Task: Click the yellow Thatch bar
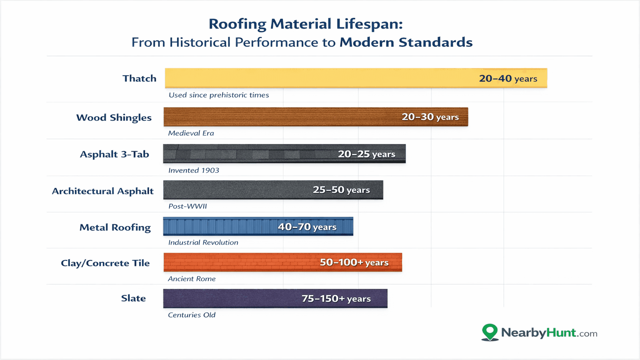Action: point(320,78)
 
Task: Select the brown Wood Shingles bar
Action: point(280,117)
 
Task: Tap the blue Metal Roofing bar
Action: point(220,226)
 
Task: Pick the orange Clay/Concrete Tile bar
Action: point(240,262)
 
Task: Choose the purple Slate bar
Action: point(232,298)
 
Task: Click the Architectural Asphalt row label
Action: point(103,191)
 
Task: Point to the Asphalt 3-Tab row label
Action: point(114,154)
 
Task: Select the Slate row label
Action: point(133,298)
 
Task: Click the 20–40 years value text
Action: point(508,78)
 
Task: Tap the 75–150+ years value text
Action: point(336,299)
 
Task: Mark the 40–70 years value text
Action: point(307,227)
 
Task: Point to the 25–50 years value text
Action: point(341,190)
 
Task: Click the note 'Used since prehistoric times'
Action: point(219,95)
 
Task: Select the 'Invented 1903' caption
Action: point(194,170)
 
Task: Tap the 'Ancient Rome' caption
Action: point(192,279)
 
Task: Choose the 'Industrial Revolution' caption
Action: point(203,242)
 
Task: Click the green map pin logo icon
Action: point(490,332)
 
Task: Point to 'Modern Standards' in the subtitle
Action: point(406,42)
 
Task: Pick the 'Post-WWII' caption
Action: point(188,206)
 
